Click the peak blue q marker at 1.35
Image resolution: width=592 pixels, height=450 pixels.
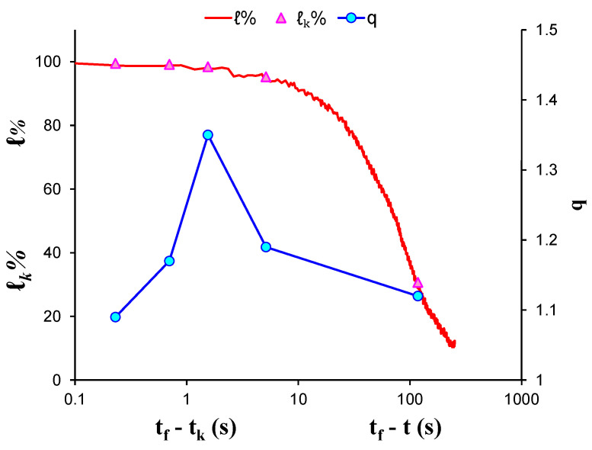(208, 135)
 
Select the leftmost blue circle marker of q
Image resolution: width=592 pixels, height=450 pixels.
(115, 317)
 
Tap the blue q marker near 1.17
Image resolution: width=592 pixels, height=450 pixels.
(169, 261)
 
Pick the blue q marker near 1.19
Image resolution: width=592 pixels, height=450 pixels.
(266, 247)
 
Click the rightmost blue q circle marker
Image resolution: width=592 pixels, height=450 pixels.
(418, 296)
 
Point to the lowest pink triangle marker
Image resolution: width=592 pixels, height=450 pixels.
(418, 283)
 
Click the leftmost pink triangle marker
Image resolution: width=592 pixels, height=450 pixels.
(115, 64)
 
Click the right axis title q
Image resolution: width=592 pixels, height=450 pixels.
(577, 204)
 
